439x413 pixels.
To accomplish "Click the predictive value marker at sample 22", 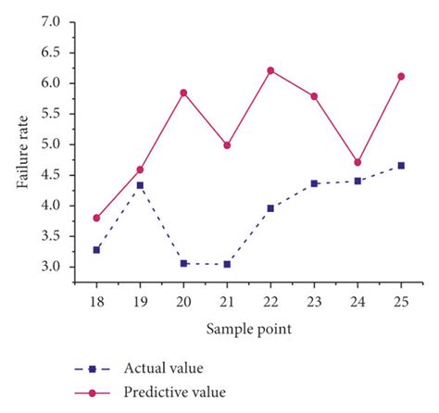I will pos(270,70).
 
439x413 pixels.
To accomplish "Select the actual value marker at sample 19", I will pos(140,185).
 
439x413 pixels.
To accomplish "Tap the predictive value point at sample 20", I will pos(183,93).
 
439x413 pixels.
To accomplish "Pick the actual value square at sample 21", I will pos(227,264).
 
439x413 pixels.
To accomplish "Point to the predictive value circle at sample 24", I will pos(357,162).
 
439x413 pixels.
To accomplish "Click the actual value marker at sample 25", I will pos(401,166).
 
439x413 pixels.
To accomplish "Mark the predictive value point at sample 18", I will pos(96,218).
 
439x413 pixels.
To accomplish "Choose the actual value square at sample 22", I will pos(270,208).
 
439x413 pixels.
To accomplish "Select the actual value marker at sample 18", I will pos(96,249).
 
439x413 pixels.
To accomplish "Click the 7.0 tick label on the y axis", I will pos(51,21).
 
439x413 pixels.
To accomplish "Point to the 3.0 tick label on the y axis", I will pos(51,267).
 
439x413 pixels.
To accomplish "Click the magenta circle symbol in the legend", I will pos(94,393).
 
